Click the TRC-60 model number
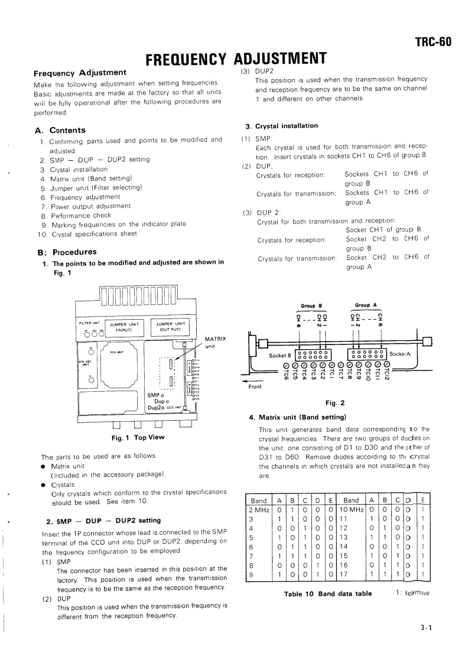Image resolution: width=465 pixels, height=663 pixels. [433, 41]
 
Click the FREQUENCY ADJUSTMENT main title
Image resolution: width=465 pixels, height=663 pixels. [236, 58]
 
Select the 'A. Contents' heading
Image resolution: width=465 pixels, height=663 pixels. [60, 130]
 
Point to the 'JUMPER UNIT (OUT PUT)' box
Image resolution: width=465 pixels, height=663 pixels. [171, 327]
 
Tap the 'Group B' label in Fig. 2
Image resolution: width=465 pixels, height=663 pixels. [311, 306]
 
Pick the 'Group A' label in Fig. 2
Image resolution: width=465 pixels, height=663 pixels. [366, 305]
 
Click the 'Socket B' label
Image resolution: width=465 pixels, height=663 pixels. [280, 356]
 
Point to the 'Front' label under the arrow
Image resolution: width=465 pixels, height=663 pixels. [255, 387]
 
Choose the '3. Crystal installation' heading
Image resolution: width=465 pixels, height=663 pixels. [281, 126]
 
